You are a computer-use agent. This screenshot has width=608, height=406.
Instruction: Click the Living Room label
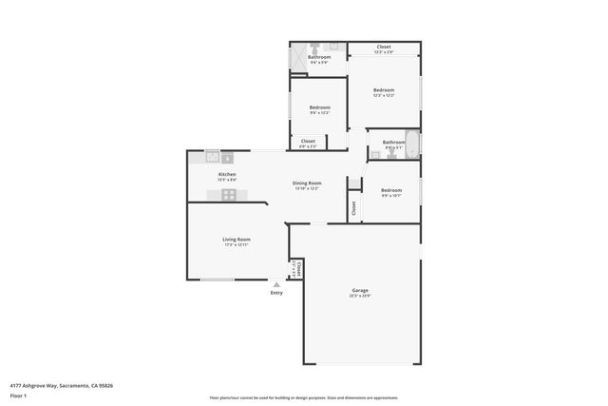coord(237,242)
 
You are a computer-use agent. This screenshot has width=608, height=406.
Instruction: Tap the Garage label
coord(359,293)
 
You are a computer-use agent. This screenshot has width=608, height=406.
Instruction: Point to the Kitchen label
coord(227,176)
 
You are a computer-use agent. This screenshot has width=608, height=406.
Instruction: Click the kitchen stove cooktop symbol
coord(229,194)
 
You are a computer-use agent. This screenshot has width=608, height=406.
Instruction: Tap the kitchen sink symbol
coord(214,158)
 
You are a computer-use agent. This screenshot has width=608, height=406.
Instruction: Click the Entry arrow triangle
coord(276,283)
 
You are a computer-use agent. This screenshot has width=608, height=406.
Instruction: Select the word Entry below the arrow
coord(276,292)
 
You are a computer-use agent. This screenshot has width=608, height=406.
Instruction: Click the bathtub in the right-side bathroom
coord(412,143)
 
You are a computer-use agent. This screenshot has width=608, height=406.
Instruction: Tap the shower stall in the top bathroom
coord(298,56)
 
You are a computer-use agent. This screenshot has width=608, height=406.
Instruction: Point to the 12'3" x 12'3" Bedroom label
coord(384,92)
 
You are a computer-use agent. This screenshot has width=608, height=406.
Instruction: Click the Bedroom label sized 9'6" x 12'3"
coord(319,110)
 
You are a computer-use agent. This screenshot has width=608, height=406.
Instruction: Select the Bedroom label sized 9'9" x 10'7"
coord(391,192)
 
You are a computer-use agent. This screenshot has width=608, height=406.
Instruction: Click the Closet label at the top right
coord(384,48)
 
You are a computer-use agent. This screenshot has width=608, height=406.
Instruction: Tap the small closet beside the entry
coord(296,269)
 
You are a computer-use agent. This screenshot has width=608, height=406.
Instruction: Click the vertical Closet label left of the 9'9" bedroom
coord(353,207)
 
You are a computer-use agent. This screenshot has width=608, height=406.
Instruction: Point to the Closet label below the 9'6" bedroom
coord(308,143)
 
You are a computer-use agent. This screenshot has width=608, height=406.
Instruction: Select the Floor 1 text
coord(18,395)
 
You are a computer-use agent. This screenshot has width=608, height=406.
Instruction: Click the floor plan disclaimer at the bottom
coord(304,397)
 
